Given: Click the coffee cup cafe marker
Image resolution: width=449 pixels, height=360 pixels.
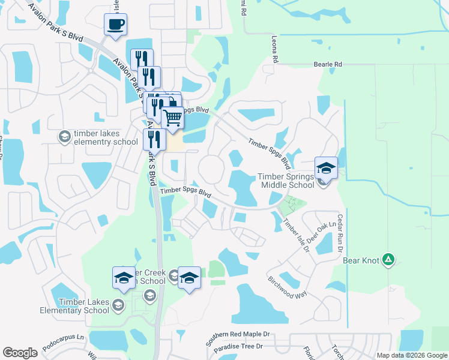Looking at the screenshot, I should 115,25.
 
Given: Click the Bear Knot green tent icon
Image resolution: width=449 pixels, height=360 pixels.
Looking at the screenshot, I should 389,259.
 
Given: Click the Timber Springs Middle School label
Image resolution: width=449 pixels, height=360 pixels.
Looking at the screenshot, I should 285,181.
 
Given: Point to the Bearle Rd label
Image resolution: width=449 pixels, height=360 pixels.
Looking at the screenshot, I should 328,64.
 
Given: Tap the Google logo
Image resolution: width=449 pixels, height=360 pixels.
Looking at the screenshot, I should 20,352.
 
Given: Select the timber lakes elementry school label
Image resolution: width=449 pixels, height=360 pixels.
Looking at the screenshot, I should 106,137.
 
